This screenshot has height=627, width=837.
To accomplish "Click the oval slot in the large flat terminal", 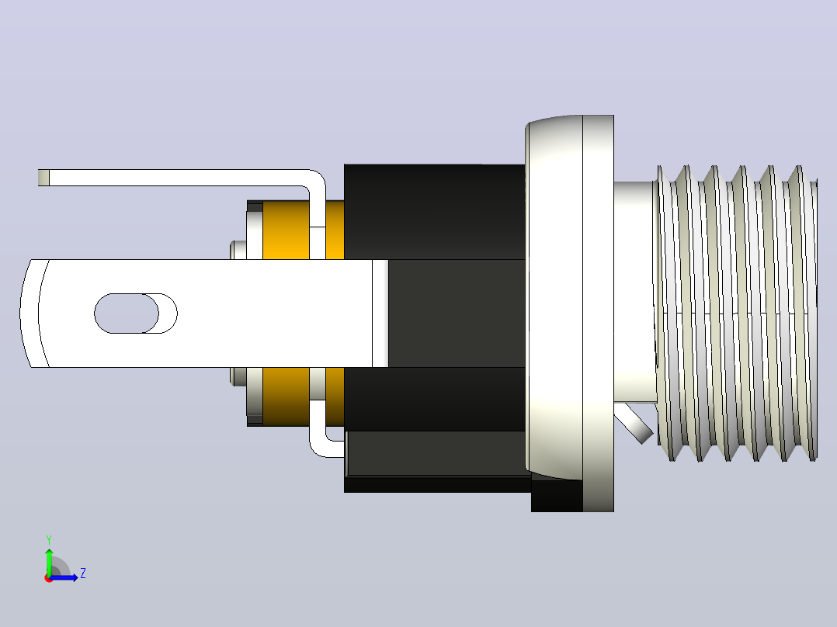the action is coord(136,313).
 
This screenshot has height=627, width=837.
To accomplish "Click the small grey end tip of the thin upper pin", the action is coord(43,178).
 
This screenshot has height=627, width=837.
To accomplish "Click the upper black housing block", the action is coord(435,212).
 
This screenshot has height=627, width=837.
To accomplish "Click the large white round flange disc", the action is coord(570,313).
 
